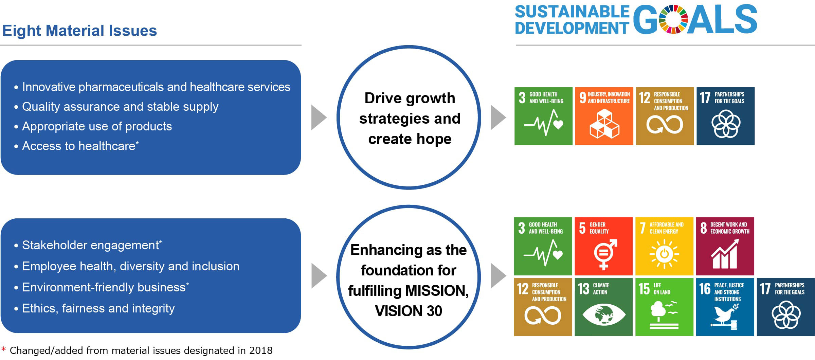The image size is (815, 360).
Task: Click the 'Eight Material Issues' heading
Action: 79,31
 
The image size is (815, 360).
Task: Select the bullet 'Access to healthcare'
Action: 78,146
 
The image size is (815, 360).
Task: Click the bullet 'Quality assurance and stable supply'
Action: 120,107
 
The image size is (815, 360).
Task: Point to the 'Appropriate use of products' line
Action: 97,126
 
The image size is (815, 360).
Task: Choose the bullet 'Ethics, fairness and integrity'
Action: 98,308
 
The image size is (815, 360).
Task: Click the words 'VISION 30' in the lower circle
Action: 409,311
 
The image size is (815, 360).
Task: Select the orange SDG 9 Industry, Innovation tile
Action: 604,116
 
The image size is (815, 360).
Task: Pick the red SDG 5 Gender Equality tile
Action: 603,246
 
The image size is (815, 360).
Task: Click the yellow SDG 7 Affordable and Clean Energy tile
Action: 664,246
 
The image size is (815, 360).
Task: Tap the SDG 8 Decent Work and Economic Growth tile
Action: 725,246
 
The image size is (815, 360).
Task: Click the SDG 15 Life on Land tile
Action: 664,307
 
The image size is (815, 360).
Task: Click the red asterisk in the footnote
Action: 4,349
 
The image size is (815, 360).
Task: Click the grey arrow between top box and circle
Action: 319,118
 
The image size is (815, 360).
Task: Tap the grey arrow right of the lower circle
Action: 498,275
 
